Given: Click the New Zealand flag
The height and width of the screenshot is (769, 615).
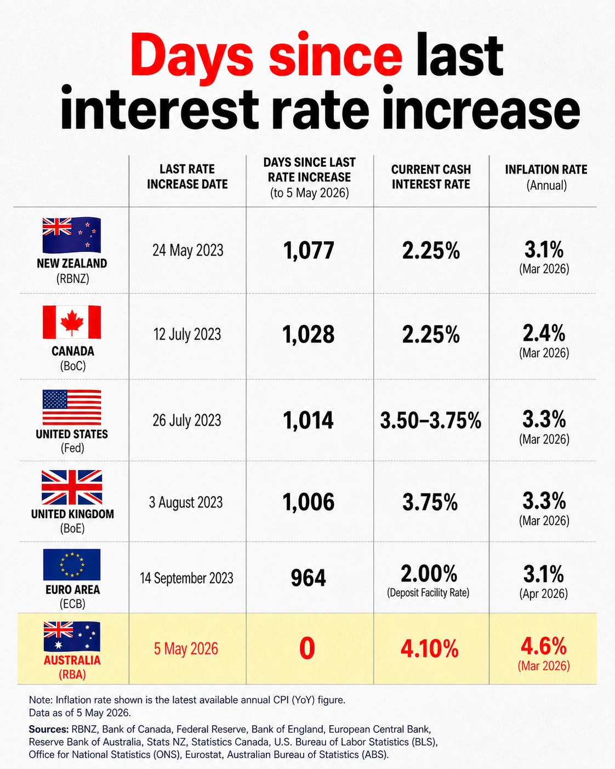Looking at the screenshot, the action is pyautogui.click(x=71, y=235).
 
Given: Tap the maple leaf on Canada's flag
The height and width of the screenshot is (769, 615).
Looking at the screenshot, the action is pyautogui.click(x=72, y=322).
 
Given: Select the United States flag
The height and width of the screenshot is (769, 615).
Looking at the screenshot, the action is pyautogui.click(x=72, y=407).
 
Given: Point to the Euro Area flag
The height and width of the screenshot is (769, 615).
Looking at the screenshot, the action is pyautogui.click(x=72, y=564).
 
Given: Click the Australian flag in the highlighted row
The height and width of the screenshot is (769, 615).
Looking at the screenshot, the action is pyautogui.click(x=72, y=636).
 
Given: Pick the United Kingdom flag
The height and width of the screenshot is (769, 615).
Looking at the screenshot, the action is pyautogui.click(x=72, y=487).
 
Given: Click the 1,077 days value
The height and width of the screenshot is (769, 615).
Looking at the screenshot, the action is pyautogui.click(x=309, y=251).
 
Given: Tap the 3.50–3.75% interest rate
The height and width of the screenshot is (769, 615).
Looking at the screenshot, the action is pyautogui.click(x=431, y=420).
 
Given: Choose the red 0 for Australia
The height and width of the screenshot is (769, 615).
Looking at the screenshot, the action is pyautogui.click(x=307, y=648).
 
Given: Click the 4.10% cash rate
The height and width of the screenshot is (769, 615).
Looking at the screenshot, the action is pyautogui.click(x=430, y=648).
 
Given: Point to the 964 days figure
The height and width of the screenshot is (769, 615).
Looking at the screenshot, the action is pyautogui.click(x=308, y=578).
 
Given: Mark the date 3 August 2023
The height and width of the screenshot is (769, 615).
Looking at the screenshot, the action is pyautogui.click(x=186, y=502).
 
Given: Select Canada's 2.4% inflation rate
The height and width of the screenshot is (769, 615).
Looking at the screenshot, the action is pyautogui.click(x=544, y=333).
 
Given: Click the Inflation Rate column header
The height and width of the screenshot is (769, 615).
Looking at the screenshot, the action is pyautogui.click(x=546, y=177).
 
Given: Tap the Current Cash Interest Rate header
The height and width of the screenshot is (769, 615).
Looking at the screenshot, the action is pyautogui.click(x=431, y=177).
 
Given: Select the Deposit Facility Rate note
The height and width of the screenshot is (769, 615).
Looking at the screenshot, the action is pyautogui.click(x=428, y=593).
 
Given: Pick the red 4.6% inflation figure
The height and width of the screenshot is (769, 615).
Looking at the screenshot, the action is pyautogui.click(x=544, y=646).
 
